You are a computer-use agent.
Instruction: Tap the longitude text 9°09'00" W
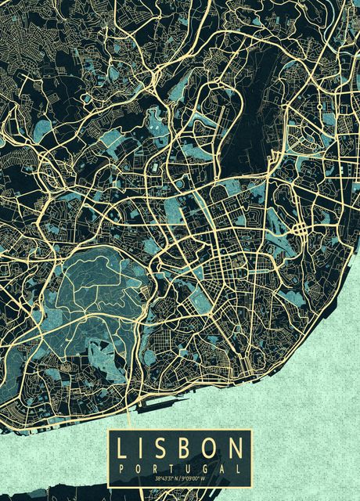(195, 478)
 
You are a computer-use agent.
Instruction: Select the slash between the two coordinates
(180, 478)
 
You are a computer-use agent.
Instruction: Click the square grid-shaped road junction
(301, 229)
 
